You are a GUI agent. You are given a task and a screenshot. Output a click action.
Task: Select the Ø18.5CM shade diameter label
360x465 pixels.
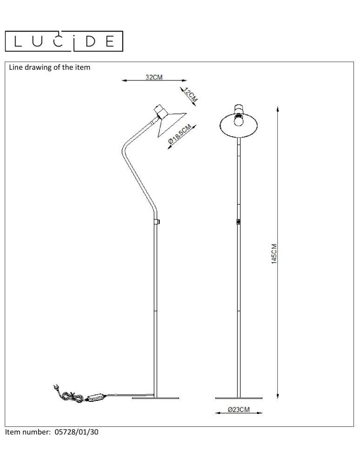pos(179,135)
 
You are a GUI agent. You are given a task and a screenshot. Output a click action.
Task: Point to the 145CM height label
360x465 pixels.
pos(274,254)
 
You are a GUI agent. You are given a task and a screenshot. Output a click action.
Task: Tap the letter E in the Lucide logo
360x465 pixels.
pos(110,41)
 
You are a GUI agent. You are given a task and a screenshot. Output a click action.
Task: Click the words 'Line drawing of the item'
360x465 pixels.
pos(49,67)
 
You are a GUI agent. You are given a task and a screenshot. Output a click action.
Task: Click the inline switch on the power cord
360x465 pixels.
pos(96,397)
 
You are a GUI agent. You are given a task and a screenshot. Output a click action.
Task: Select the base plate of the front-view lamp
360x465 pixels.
pos(239,398)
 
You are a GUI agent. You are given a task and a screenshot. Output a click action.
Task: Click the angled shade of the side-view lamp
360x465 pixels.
pos(171,123)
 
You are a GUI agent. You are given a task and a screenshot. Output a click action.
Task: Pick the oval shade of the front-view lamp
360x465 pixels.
pos(239,124)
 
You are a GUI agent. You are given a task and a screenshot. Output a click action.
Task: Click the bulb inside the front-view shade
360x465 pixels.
pos(239,120)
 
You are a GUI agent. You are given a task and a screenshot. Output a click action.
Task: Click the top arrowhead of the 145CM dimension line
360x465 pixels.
pos(278,110)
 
